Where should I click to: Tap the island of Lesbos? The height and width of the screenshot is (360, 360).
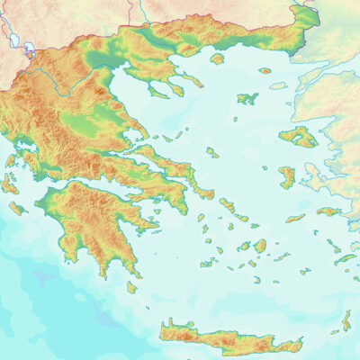(x=298, y=137)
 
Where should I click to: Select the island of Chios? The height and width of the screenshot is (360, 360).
(x=287, y=176)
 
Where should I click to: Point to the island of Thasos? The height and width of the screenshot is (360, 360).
(x=217, y=59)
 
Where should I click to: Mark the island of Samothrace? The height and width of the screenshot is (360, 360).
(x=265, y=69)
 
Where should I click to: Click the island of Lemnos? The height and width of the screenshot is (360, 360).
(x=247, y=97)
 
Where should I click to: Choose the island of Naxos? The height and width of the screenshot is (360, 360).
(x=260, y=245)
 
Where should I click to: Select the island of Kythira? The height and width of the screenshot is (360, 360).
(x=132, y=287)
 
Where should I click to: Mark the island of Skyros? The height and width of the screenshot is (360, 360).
(x=211, y=152)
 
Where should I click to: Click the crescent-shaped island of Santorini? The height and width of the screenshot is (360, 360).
(x=245, y=285)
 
